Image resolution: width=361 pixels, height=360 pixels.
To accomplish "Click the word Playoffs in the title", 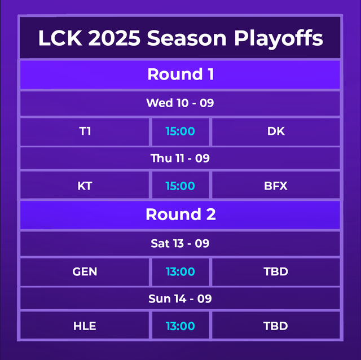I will point(278,38).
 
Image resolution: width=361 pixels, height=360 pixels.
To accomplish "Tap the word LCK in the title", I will point(58,38).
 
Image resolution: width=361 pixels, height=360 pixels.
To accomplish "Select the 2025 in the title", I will point(115,38).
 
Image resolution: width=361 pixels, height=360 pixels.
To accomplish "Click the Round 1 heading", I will point(180,74).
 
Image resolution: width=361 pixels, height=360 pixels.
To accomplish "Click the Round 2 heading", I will point(180,214).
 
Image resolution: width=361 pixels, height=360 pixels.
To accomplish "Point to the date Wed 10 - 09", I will point(180,103).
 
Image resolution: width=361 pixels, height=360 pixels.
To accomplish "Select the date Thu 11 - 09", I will point(180,158).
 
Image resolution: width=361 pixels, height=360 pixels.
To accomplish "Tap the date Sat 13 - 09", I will point(180,243).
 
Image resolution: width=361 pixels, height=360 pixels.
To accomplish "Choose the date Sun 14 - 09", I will point(180,298).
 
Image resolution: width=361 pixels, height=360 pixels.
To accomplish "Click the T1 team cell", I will point(85,131).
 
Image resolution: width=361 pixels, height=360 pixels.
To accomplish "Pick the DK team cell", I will point(276,131).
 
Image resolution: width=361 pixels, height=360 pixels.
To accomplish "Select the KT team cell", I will point(85,186).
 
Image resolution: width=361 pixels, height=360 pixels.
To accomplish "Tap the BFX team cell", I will point(276,186).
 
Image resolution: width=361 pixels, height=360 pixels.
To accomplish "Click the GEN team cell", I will point(85,271).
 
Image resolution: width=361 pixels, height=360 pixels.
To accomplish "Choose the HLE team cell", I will point(85,326).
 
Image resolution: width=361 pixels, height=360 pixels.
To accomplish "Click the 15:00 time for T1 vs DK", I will point(180,131).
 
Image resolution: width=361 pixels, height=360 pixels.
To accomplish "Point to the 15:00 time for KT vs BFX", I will point(180,186).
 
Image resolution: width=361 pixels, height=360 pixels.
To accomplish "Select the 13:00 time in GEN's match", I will point(180,271).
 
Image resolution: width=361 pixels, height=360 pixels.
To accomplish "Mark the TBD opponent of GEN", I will point(276,271).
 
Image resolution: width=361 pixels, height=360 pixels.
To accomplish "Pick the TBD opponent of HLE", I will point(276,326).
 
